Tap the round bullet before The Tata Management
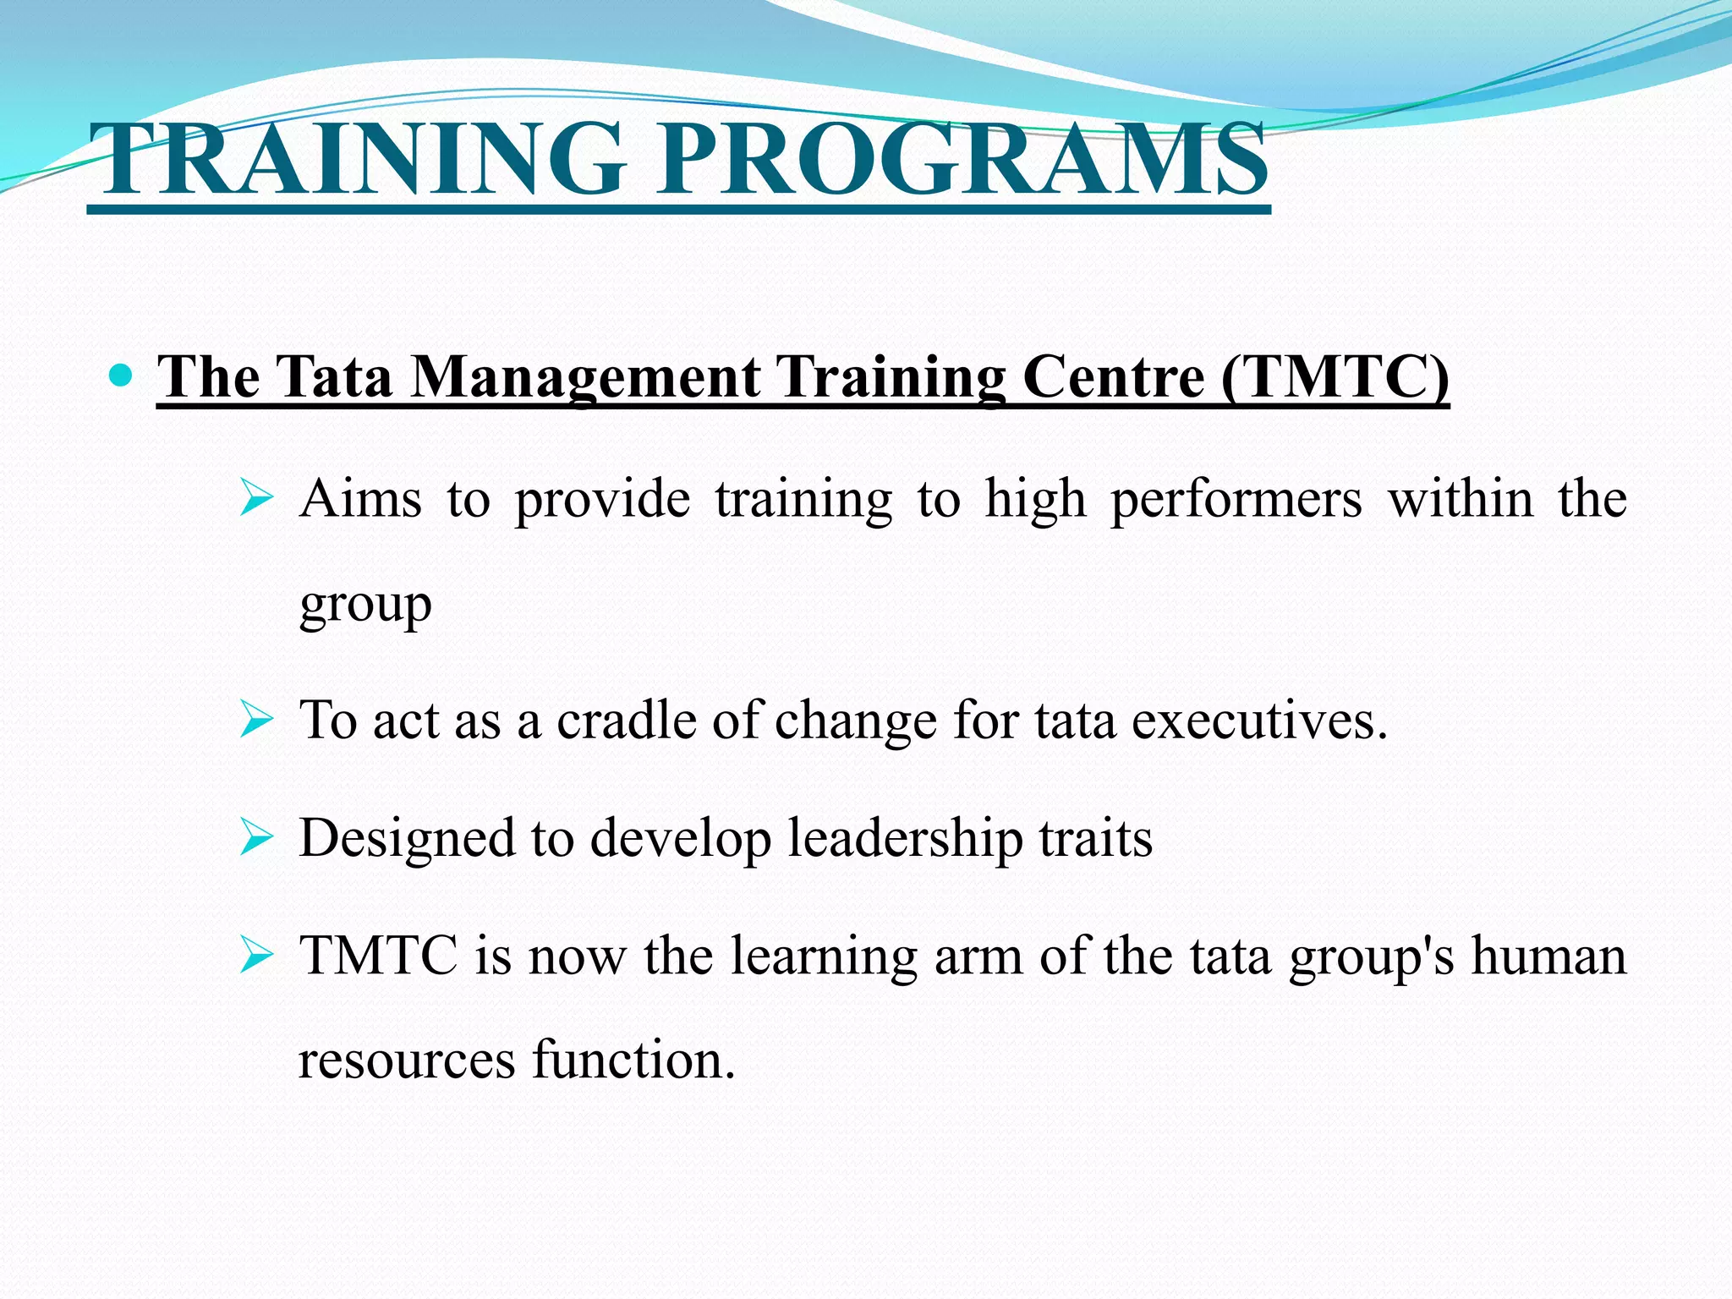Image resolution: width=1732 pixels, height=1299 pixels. (x=122, y=375)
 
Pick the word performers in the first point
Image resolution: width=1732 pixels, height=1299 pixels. (x=1236, y=499)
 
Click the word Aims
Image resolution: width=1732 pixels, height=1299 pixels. (x=360, y=497)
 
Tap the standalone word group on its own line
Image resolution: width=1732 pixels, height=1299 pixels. (x=365, y=605)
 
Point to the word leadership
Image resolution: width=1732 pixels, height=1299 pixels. (x=905, y=839)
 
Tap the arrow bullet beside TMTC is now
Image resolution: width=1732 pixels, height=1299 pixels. (x=255, y=956)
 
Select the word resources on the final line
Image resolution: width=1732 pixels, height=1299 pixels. (x=407, y=1060)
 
